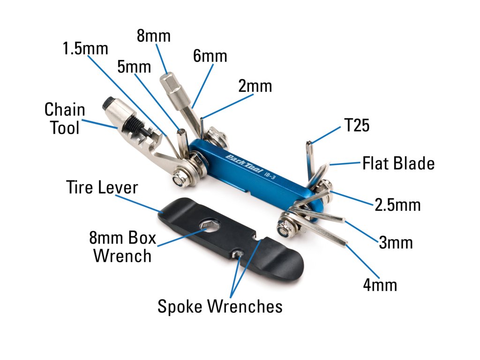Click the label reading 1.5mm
point(86,48)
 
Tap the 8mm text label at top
point(154,36)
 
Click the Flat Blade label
point(398,164)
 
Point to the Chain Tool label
point(65,119)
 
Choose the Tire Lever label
point(102,187)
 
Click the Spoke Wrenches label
point(220,307)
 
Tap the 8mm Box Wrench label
point(122,247)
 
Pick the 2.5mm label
point(397,205)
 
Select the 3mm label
point(396,243)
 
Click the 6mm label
point(210,56)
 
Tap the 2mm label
point(255,86)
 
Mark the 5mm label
point(134,67)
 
